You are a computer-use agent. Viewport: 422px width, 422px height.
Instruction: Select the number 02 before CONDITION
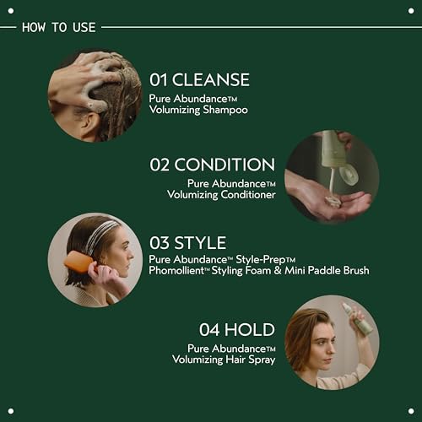[x=161, y=165]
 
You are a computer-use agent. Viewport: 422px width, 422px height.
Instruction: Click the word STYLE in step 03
[x=202, y=243]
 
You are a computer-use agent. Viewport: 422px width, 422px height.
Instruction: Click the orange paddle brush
[x=78, y=262]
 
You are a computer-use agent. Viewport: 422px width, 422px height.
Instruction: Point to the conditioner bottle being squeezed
[x=334, y=151]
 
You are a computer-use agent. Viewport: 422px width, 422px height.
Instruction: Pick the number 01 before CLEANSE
[x=159, y=80]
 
